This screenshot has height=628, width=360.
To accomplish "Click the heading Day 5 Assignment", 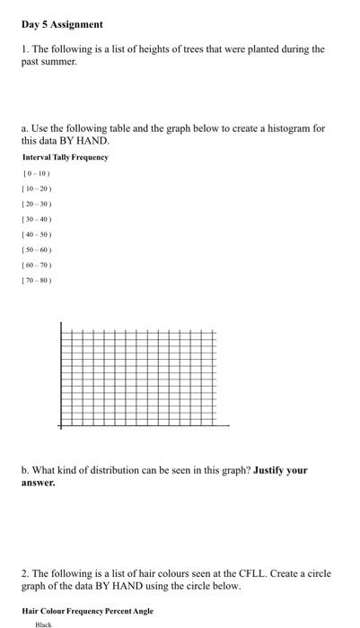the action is (63, 24).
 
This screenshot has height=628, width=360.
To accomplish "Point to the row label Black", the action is (43, 624).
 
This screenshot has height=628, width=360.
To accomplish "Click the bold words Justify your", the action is (281, 470).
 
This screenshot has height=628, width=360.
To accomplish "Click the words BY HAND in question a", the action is (89, 141).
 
